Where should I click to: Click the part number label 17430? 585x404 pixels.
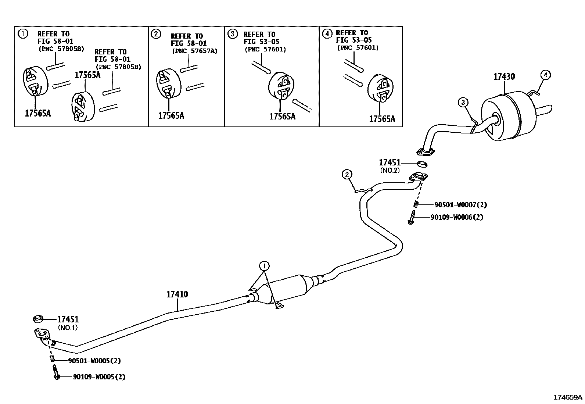[x=504, y=77]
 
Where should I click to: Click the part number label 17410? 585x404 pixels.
[x=177, y=294]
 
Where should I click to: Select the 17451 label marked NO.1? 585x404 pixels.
[x=68, y=319]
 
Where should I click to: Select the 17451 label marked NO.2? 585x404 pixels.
[x=390, y=162]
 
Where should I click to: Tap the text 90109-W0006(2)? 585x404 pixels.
[x=457, y=217]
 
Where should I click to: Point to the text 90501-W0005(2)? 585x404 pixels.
[x=94, y=361]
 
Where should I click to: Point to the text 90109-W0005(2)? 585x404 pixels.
[x=99, y=377]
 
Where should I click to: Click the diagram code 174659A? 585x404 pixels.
[x=568, y=397]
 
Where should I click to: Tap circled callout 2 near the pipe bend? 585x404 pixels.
[x=347, y=174]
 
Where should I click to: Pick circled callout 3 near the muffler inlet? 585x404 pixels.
[x=463, y=102]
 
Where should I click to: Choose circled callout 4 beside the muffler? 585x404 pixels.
[x=546, y=75]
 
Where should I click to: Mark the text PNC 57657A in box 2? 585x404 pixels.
[x=195, y=51]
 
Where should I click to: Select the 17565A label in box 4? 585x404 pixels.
[x=382, y=119]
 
